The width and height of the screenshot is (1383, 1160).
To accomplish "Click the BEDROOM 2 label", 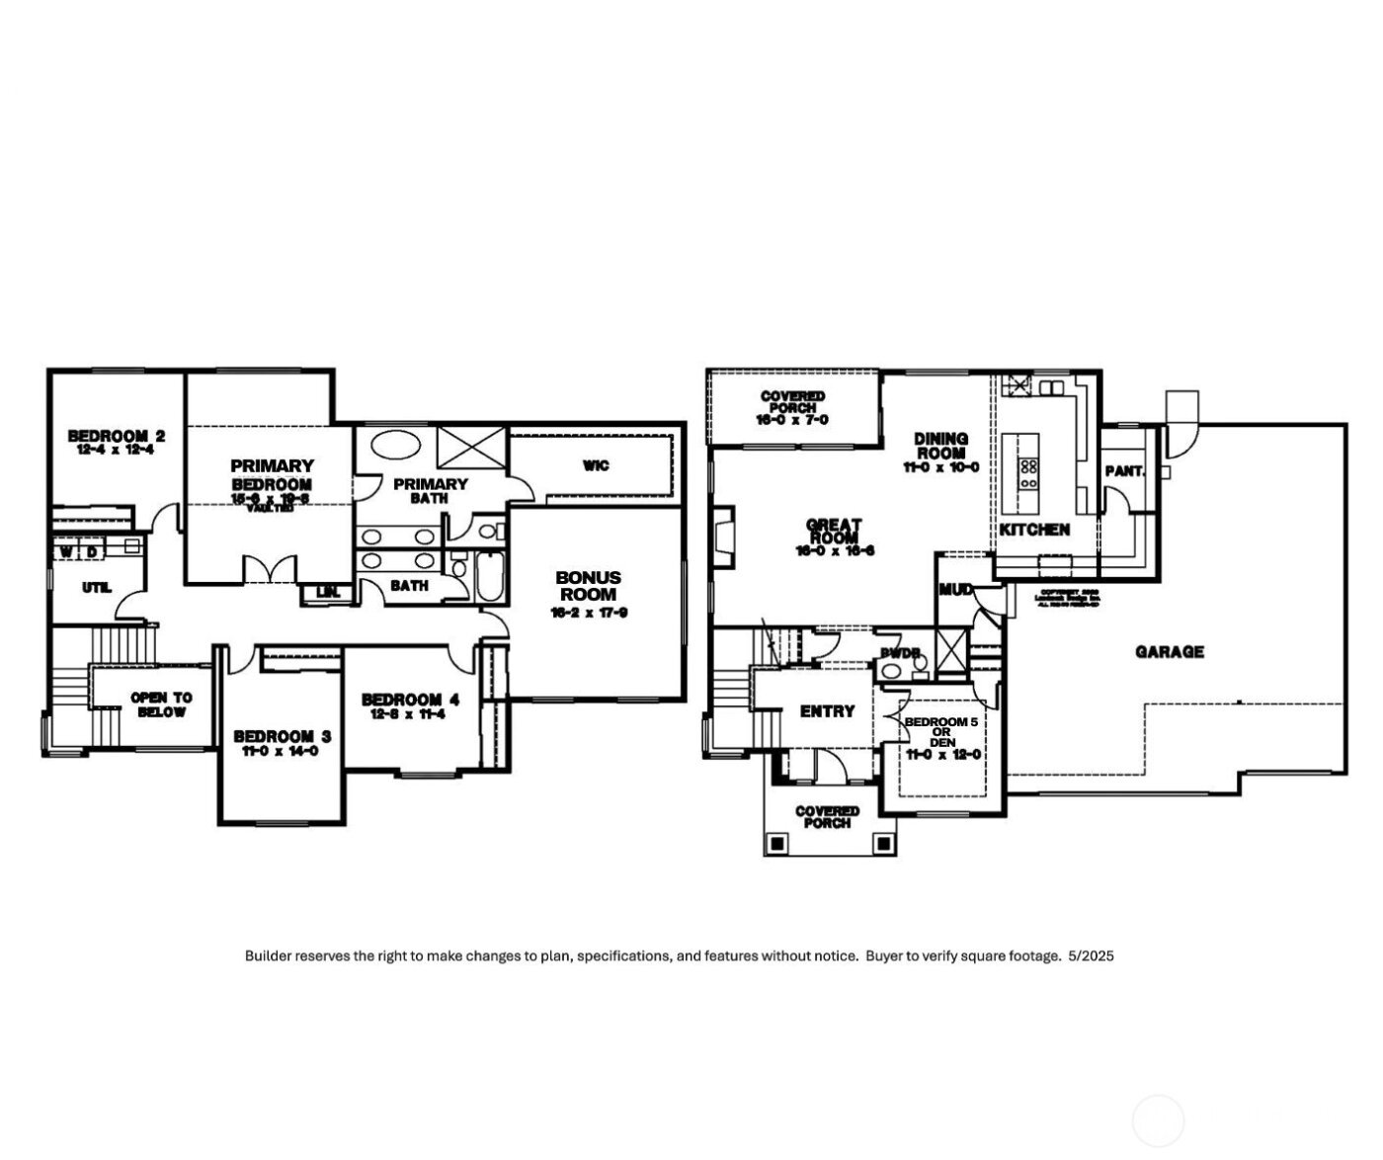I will pos(116,436).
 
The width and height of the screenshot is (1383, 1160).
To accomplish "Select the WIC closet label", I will pos(596,465).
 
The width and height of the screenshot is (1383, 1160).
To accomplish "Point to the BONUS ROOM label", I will pos(588,586).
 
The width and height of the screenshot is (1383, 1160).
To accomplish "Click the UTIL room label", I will pos(96,588).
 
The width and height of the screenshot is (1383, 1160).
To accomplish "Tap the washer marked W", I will pos(66,550).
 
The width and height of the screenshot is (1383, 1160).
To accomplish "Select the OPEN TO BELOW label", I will pos(161,704).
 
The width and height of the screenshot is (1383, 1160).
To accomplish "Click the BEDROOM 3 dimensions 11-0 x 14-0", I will pos(282,751).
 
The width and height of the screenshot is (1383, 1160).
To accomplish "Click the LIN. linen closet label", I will pos(326,593).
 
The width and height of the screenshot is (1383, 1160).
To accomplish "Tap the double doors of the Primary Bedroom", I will pos(270,571).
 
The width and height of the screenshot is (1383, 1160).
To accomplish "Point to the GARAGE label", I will pos(1169,652).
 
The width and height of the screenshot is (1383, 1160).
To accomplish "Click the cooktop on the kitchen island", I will pos(1028,473).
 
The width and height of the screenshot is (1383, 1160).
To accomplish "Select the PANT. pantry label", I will pos(1123,471).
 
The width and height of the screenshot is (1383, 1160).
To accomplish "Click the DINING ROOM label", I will pos(940,446).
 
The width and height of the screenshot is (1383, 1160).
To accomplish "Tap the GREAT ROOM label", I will pos(834,532).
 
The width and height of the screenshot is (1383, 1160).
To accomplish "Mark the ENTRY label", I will pos(827,711).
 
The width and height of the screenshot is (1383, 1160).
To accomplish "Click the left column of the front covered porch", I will pos(777,844).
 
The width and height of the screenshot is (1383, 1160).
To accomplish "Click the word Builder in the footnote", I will pos(268,955).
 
